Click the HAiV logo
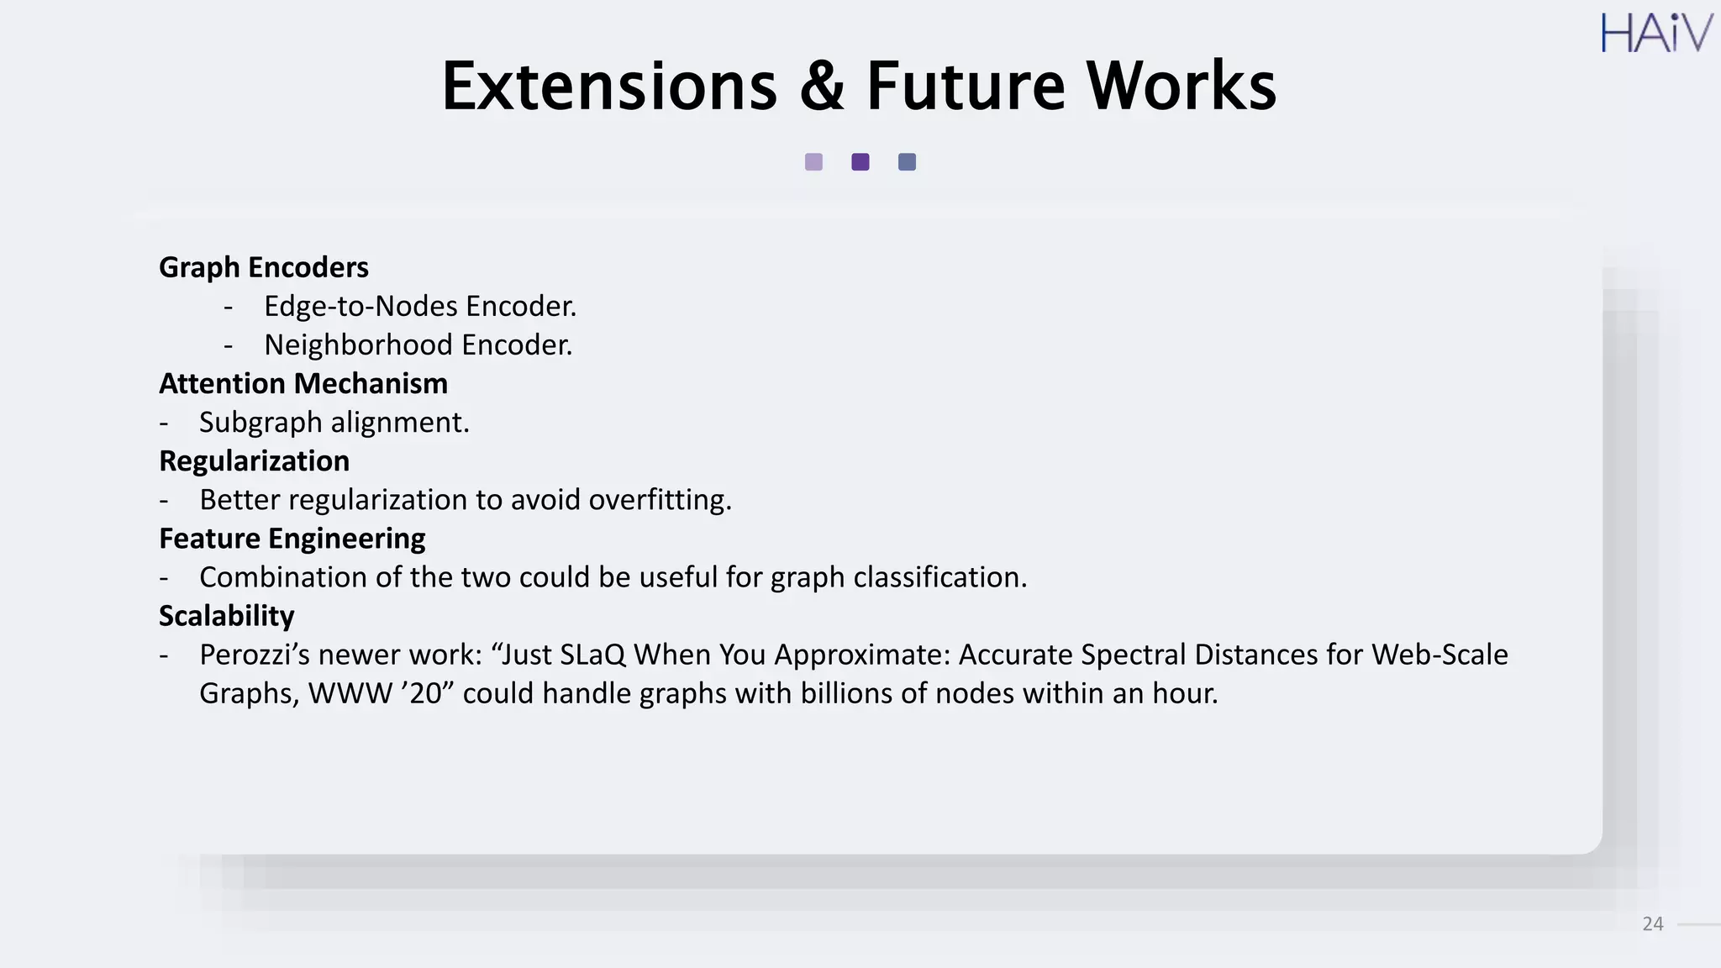(1655, 34)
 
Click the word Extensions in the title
(609, 86)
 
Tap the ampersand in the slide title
(822, 86)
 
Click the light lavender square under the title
(813, 162)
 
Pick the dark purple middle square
(860, 162)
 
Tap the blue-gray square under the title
(907, 162)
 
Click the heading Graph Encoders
(264, 267)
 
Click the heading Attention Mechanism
(303, 383)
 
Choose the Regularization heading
(254, 460)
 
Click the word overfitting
(660, 500)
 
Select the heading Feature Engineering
(292, 538)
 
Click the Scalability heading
(227, 616)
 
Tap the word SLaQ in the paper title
(592, 655)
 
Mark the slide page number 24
(1652, 924)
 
